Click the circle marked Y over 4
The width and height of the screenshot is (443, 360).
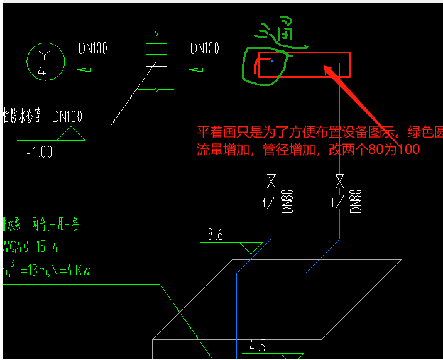(x=46, y=62)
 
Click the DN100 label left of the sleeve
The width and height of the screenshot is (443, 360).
(x=94, y=48)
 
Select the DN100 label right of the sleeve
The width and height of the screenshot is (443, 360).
(x=204, y=48)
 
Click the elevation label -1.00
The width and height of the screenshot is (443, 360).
(x=40, y=152)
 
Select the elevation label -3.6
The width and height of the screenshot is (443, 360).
(x=212, y=236)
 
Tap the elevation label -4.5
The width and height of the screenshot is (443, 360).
(x=256, y=346)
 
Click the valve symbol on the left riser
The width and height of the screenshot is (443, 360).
(x=271, y=182)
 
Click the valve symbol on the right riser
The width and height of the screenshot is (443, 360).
(x=339, y=182)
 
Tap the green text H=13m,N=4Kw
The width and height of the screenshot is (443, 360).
(x=47, y=270)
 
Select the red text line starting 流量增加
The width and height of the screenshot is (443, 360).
(x=307, y=150)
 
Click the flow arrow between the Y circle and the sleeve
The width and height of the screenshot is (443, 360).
(x=97, y=70)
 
